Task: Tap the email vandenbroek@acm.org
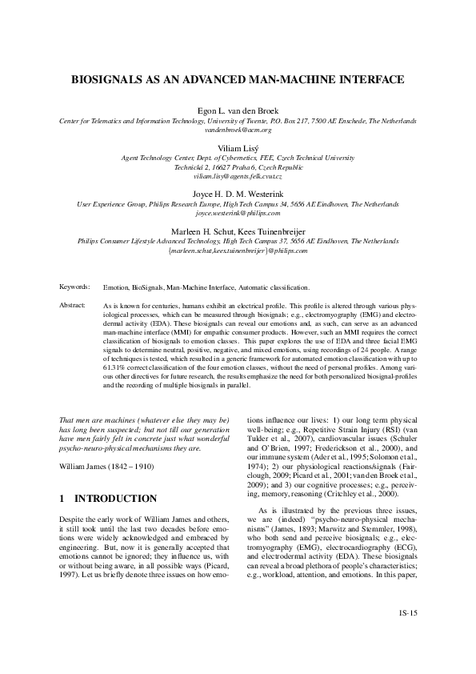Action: [x=238, y=130]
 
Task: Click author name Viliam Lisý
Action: [x=238, y=150]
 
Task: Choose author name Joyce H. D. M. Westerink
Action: [x=238, y=195]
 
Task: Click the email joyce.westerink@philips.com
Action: [x=238, y=214]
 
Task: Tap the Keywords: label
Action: [x=75, y=287]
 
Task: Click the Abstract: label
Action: [x=73, y=306]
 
